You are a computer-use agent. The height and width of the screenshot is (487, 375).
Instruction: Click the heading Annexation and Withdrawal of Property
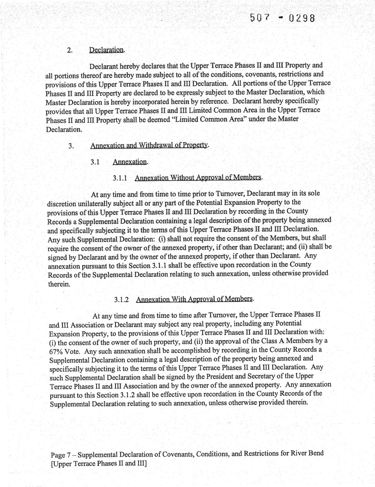[x=149, y=145]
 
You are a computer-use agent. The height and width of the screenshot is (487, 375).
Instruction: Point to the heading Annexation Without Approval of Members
[x=198, y=177]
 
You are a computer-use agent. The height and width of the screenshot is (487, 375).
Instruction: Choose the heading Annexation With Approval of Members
[x=194, y=299]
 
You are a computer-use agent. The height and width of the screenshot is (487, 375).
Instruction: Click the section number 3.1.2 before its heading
[x=121, y=300]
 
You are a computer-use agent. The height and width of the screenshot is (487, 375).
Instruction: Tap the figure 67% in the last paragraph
[x=56, y=352]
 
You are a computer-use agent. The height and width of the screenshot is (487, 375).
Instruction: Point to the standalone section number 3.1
[x=95, y=162]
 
